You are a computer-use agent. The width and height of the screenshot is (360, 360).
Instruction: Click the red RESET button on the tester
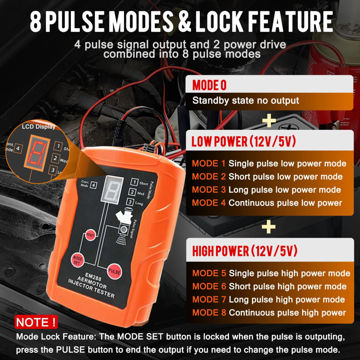click(90, 235)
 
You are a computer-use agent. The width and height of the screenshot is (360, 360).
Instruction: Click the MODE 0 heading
click(209, 85)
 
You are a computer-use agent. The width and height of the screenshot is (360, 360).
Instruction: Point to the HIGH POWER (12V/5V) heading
click(245, 251)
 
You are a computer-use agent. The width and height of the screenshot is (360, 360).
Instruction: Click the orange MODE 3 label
click(209, 190)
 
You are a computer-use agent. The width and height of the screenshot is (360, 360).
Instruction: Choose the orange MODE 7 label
click(209, 299)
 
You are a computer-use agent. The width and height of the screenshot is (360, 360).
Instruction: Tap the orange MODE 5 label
click(209, 273)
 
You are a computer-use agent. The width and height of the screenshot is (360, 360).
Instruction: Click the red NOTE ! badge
click(36, 322)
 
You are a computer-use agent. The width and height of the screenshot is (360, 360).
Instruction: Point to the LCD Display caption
click(39, 127)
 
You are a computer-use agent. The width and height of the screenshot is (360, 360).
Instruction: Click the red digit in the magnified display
click(36, 153)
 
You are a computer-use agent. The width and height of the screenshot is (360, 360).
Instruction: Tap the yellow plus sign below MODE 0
click(269, 120)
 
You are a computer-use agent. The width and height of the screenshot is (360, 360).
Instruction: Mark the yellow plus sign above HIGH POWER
click(269, 227)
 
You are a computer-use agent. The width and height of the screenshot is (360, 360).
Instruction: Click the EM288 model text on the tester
click(93, 277)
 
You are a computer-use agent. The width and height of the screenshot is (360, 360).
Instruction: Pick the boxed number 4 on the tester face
click(93, 185)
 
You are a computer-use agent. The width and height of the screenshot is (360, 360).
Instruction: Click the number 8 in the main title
click(36, 21)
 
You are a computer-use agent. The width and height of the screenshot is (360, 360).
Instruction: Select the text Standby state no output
click(246, 101)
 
